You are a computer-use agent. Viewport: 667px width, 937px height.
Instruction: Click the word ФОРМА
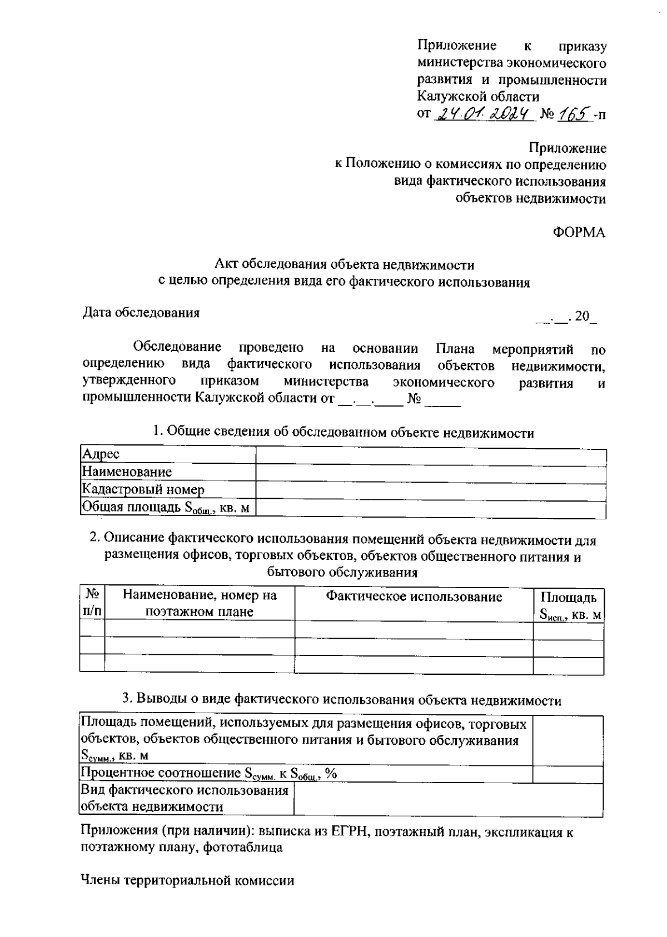point(579,233)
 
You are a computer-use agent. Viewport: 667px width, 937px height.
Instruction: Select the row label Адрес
point(101,454)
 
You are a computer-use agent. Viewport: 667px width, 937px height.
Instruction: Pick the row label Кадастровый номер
point(143,489)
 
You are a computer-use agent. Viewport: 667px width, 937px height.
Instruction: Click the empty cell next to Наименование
point(430,472)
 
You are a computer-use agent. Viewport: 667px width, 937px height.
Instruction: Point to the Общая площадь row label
point(165,507)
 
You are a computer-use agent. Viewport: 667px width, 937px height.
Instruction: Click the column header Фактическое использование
point(414,597)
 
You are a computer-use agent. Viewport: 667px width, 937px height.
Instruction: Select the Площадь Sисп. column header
point(569,606)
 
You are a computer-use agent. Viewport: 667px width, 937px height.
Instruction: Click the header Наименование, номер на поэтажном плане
point(199,604)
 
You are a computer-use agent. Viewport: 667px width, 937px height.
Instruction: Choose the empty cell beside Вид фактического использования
point(447,799)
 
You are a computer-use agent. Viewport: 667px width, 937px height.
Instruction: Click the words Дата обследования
point(141,313)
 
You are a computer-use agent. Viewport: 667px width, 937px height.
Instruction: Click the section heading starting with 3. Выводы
point(342,700)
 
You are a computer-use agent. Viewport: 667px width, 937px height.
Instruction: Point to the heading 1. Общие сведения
point(344,433)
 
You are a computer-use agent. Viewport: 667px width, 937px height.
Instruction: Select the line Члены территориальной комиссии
point(187,880)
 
